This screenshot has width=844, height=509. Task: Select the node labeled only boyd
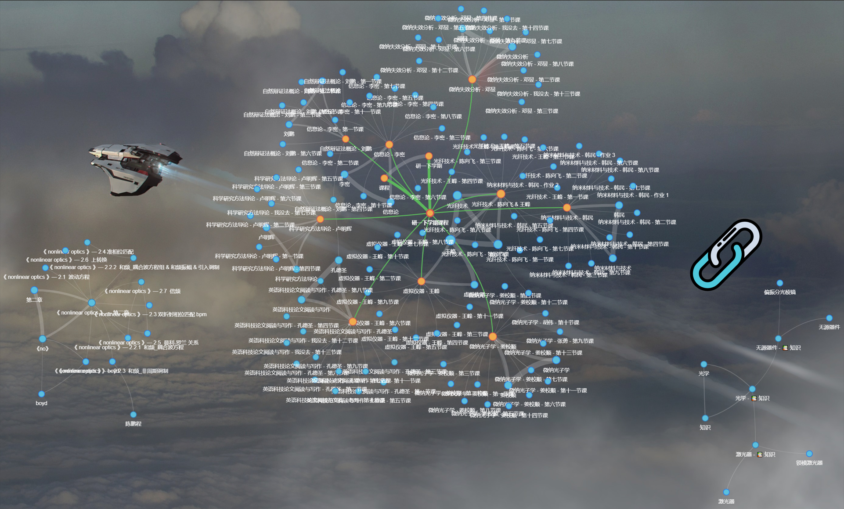(41, 394)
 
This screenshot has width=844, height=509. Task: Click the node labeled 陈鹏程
(133, 414)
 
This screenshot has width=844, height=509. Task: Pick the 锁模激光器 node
(809, 454)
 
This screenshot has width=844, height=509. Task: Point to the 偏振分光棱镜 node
(779, 283)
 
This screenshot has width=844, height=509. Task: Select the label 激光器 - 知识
(755, 455)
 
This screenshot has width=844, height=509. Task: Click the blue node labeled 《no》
(43, 339)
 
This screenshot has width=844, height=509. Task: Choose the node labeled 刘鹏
(289, 125)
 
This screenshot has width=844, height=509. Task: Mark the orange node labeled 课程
(384, 178)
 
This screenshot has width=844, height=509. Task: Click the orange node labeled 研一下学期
(429, 156)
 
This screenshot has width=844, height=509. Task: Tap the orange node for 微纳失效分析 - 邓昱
(472, 79)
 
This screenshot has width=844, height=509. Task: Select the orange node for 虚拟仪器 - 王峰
(421, 281)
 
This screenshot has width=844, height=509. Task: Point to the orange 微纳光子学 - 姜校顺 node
(493, 337)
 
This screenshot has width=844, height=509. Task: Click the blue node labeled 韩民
(619, 206)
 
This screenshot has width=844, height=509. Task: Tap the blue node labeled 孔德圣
(339, 260)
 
